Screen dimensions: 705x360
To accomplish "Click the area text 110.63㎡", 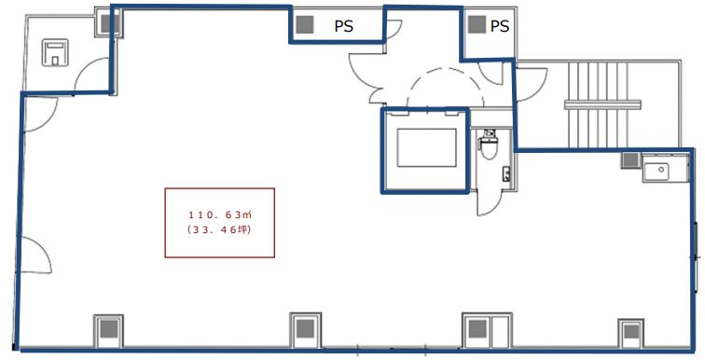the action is pos(220,215).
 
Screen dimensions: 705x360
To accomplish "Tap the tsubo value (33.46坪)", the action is pos(220,230).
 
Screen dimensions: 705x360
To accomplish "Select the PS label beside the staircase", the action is pos(500,26).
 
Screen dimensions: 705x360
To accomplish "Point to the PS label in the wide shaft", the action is pos(344,26).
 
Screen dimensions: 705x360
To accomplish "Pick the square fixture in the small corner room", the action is pos(55,52).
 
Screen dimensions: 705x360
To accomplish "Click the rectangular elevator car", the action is pos(426,148).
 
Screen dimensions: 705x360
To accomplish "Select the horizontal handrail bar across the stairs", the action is pos(602,105).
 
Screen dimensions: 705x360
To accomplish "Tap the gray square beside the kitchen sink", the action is pos(630,160).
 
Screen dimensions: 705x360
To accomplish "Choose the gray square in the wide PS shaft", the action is pos(305,24).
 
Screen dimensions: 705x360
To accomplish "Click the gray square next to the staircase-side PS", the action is pos(477,24).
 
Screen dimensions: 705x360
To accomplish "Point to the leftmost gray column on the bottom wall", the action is pos(108,330).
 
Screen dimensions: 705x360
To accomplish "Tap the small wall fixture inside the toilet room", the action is pos(506,173).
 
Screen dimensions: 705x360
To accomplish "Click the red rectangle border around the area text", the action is pos(220,188).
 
